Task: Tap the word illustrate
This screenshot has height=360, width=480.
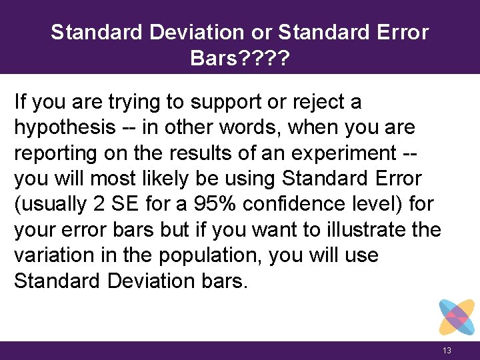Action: [372, 230]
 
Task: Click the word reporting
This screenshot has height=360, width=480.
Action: [55, 153]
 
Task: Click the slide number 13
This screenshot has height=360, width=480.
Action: [447, 351]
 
